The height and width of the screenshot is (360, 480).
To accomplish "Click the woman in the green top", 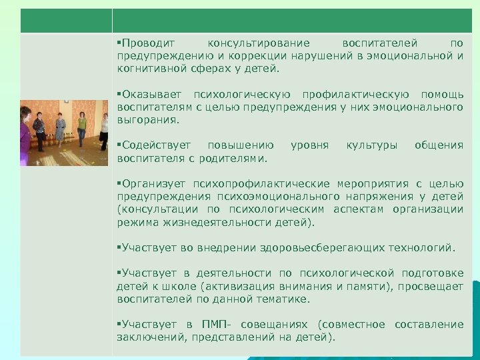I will [x=82, y=129].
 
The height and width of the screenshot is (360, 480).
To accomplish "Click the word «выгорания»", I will [x=148, y=121].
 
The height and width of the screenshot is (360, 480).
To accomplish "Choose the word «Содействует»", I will [x=155, y=145].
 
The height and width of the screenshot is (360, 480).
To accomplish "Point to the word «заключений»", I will [x=151, y=337].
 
